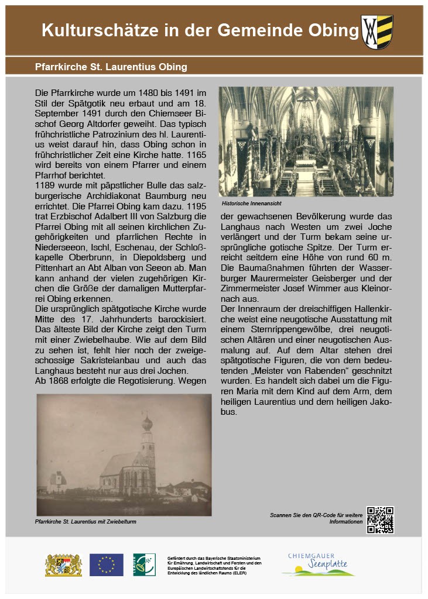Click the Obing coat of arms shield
[377, 32]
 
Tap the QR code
[380, 519]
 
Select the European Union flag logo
[106, 564]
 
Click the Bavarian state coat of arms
[63, 564]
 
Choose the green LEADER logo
[144, 564]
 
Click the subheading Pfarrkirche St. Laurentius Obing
[111, 67]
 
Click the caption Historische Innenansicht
[252, 203]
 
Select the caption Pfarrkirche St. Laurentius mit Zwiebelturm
[85, 521]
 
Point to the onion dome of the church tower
[148, 422]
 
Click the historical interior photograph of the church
[306, 141]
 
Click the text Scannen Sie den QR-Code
[317, 515]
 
